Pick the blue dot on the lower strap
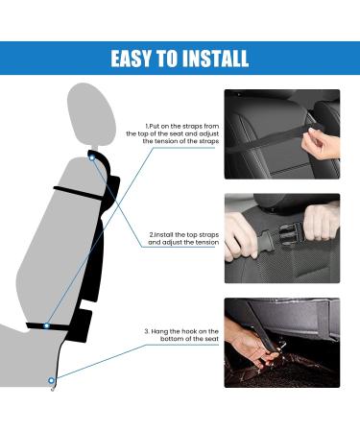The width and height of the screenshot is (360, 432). tap(46, 326)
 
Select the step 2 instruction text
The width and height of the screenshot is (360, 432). tap(182, 238)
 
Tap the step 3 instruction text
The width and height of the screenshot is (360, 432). tap(182, 336)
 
